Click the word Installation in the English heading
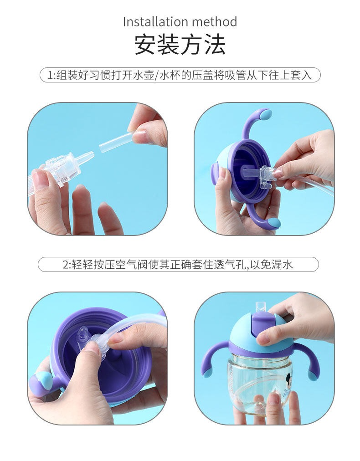pos(155,22)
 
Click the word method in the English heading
pos(215,22)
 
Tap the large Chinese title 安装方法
pos(180,44)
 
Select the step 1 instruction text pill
pos(180,75)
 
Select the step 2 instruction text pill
pos(178,265)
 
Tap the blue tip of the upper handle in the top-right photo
pos(265,114)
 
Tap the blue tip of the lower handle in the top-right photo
pos(274,223)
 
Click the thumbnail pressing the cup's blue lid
pos(263,339)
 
